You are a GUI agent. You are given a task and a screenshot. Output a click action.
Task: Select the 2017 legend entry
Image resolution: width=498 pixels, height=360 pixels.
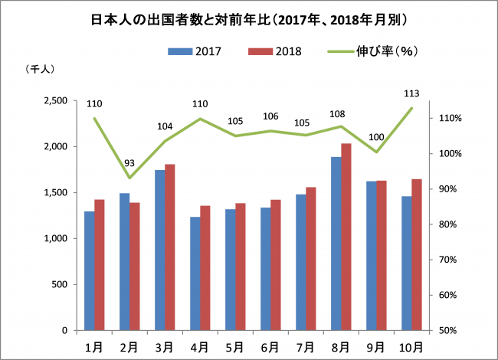[196, 51]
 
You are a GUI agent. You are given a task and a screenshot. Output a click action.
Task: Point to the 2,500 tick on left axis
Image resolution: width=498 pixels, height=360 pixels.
[55, 100]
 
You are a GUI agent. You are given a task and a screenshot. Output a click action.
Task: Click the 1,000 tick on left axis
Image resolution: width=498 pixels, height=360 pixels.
[55, 238]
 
